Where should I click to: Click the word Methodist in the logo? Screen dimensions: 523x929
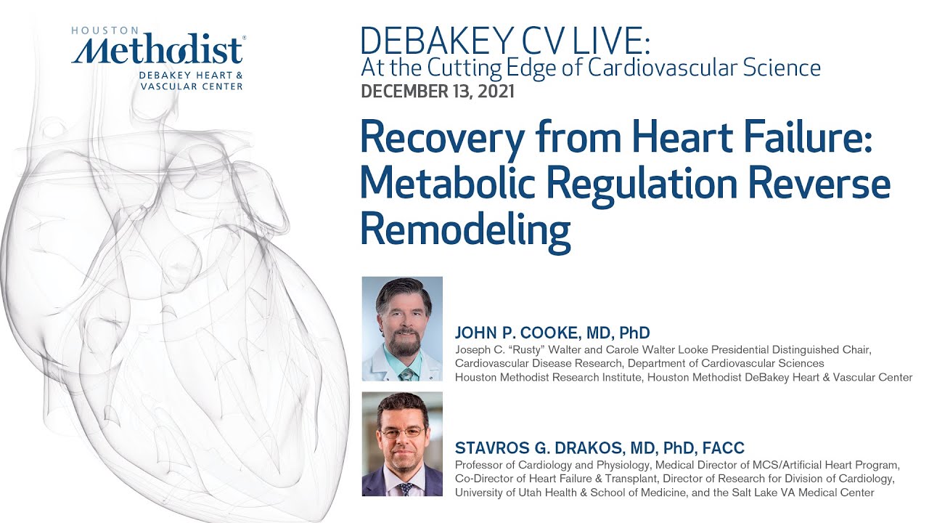click(x=158, y=51)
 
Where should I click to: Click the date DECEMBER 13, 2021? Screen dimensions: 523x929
click(x=438, y=92)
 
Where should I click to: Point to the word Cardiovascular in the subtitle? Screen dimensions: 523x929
click(x=704, y=68)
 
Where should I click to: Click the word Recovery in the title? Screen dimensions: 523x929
click(x=457, y=138)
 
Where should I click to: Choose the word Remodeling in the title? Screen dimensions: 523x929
click(x=465, y=229)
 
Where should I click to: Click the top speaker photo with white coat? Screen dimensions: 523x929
click(x=402, y=328)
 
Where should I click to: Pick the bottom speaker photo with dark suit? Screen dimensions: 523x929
click(x=402, y=444)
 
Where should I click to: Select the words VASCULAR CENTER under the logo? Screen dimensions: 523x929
click(x=192, y=86)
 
